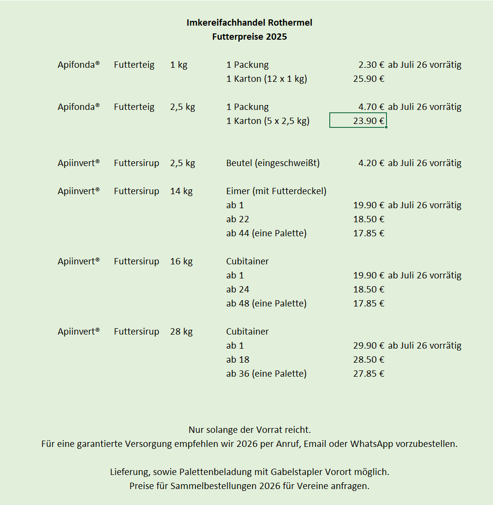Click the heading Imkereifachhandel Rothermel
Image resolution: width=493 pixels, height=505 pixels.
point(249,23)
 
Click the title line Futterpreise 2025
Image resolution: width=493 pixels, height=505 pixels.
point(249,37)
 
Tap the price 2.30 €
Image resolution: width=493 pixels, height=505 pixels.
point(371,65)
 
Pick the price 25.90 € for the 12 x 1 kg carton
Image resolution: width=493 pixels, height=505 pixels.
point(369,79)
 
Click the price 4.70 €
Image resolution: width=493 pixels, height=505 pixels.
point(371,107)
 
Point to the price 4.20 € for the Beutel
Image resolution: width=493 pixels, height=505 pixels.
point(371,163)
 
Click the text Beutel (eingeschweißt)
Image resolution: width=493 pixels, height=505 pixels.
point(273,163)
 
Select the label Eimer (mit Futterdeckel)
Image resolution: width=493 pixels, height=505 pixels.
point(276,191)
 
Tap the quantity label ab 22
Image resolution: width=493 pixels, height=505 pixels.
point(237,219)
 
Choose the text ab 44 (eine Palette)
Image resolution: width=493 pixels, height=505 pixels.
point(266,233)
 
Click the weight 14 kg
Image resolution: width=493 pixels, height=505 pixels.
point(181,191)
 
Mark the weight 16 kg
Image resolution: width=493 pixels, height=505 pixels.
point(181,261)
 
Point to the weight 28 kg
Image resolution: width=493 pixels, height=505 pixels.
point(181,332)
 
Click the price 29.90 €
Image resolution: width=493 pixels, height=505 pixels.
point(369,346)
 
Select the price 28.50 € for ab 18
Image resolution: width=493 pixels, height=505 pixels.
point(369,360)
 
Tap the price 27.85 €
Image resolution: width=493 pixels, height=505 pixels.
point(369,374)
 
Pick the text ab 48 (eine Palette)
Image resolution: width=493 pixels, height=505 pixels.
point(266,304)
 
